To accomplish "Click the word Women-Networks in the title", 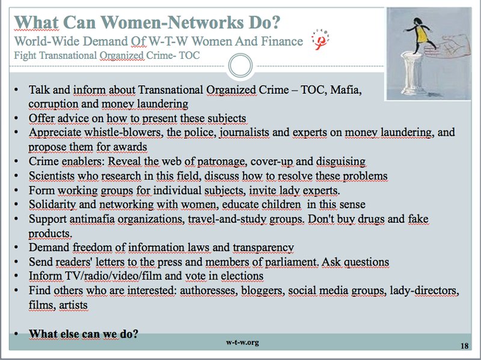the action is [x=172, y=22].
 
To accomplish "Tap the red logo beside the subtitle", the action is [x=320, y=39].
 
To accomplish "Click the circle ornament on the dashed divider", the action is [x=240, y=66].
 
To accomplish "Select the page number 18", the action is [x=464, y=346].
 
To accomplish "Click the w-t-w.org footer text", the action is [x=242, y=342].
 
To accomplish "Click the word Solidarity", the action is [x=52, y=204].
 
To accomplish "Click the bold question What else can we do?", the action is [x=84, y=334].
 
